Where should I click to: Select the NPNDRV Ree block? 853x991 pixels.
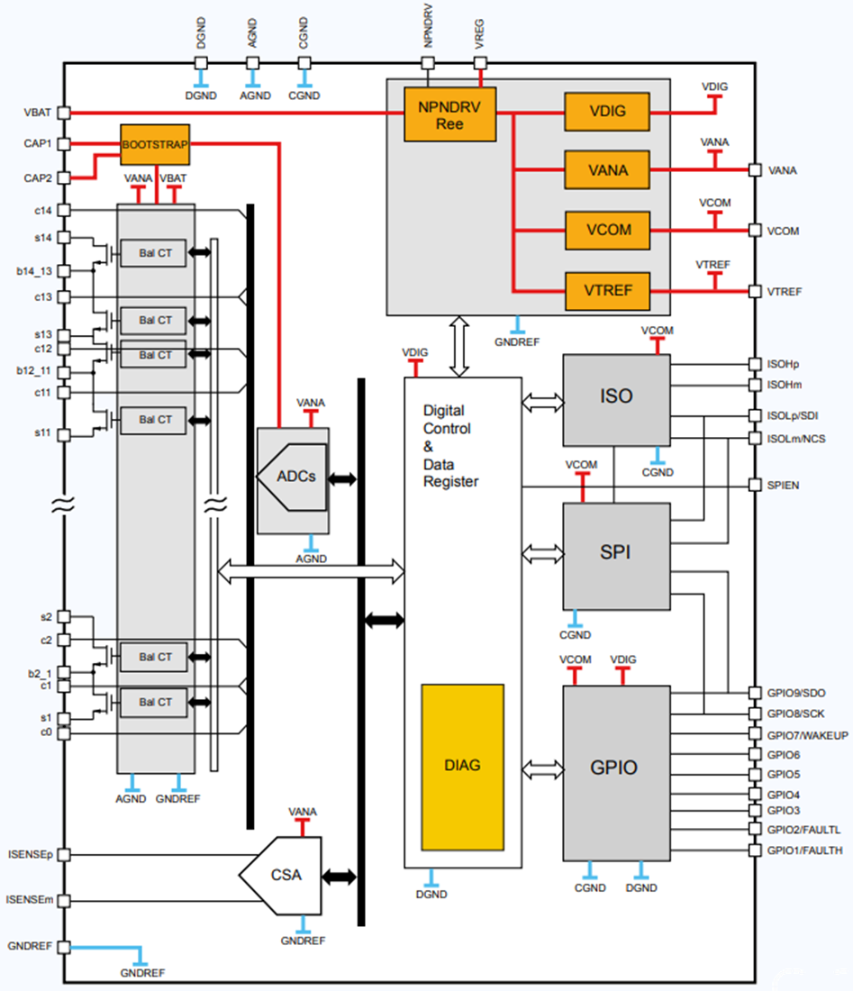coord(449,114)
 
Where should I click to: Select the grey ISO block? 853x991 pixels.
coord(616,399)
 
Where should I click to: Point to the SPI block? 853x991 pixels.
coord(616,552)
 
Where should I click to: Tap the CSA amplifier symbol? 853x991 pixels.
coord(284,874)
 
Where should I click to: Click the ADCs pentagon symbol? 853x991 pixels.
coord(295,477)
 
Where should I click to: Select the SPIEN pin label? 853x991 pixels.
coord(782,486)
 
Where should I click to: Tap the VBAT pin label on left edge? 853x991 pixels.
coord(37,113)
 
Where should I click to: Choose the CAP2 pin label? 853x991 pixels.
coord(37,177)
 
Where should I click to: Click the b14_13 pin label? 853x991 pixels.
coord(33,269)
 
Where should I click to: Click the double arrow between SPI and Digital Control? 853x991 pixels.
coord(543,552)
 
